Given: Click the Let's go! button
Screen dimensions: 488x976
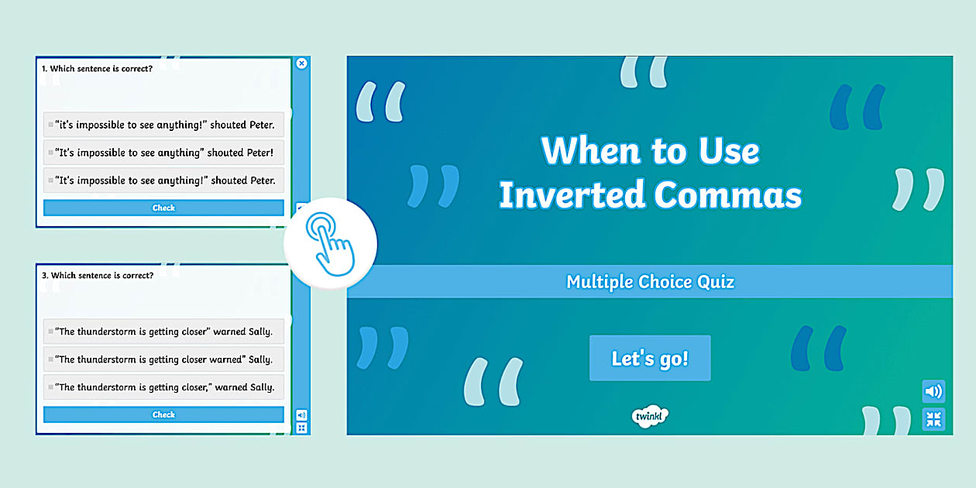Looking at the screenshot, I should [650, 358].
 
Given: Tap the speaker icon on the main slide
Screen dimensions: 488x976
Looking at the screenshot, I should [933, 391].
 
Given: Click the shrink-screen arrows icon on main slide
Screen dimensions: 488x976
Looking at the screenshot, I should [933, 419].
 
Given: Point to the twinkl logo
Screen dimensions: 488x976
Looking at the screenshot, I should [650, 416].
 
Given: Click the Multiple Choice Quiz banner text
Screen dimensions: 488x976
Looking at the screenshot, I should [650, 282].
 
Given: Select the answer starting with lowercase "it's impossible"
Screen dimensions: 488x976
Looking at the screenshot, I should [163, 125].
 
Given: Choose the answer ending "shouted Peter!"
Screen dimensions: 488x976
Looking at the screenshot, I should [163, 153].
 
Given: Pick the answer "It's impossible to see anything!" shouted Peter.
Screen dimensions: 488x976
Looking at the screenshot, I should [163, 180].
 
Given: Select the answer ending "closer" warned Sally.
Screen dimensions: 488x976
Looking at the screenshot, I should [163, 332].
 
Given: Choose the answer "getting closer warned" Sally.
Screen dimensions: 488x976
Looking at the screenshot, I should [163, 359].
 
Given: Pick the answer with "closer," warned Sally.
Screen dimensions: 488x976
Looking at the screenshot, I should [163, 387].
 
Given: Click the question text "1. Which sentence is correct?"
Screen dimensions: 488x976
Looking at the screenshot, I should [97, 68].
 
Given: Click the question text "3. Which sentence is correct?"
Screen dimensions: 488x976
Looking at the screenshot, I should [97, 275].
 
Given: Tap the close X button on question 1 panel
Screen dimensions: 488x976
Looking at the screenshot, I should [302, 64].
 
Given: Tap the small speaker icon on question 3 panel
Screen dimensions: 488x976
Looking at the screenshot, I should [301, 414].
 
